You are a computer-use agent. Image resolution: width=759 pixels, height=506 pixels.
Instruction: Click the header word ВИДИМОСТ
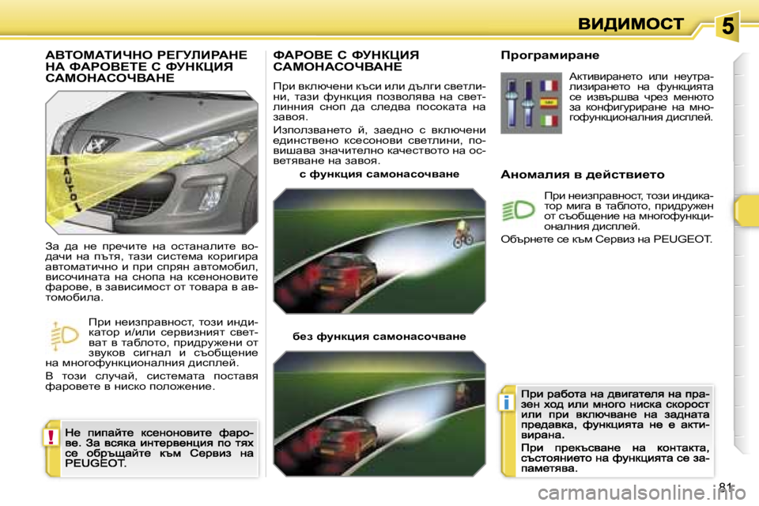(629, 24)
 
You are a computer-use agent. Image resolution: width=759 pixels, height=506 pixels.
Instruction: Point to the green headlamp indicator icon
(518, 210)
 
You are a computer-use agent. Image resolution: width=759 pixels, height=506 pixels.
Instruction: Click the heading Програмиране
(550, 56)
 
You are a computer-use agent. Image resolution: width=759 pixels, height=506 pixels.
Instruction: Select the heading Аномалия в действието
(583, 173)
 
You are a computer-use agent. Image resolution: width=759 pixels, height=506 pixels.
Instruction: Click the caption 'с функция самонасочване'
(379, 172)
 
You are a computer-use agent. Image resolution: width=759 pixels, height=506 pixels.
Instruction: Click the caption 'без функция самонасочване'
(379, 336)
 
